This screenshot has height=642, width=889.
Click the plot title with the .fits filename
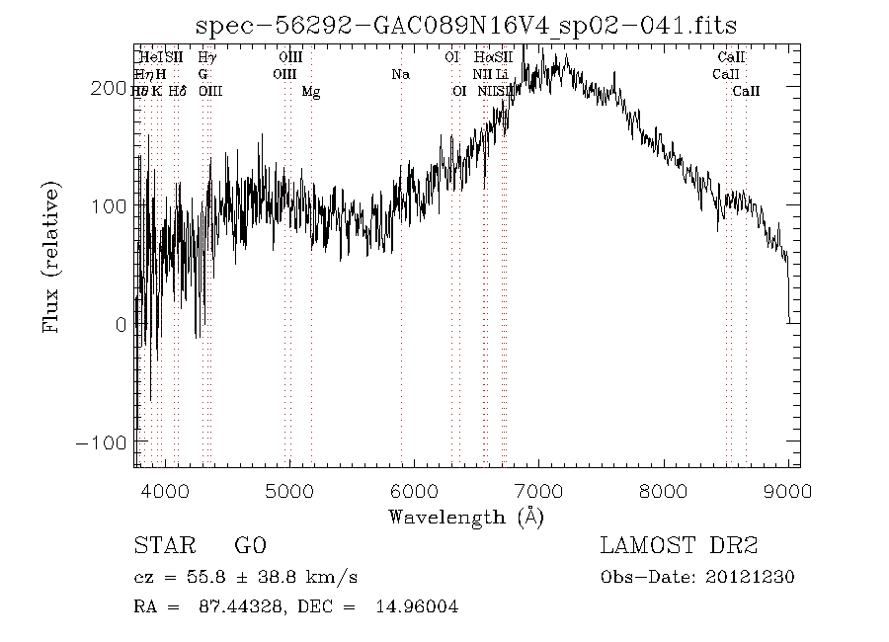(466, 25)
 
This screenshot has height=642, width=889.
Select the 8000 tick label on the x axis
(664, 492)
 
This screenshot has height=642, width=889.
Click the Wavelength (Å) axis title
(466, 517)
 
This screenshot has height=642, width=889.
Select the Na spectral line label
(400, 74)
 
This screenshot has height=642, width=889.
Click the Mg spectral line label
(311, 92)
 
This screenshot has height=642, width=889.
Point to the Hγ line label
(206, 57)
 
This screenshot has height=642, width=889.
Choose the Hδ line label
(178, 91)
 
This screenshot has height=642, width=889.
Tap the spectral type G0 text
(250, 545)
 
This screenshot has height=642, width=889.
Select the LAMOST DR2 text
(679, 545)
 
